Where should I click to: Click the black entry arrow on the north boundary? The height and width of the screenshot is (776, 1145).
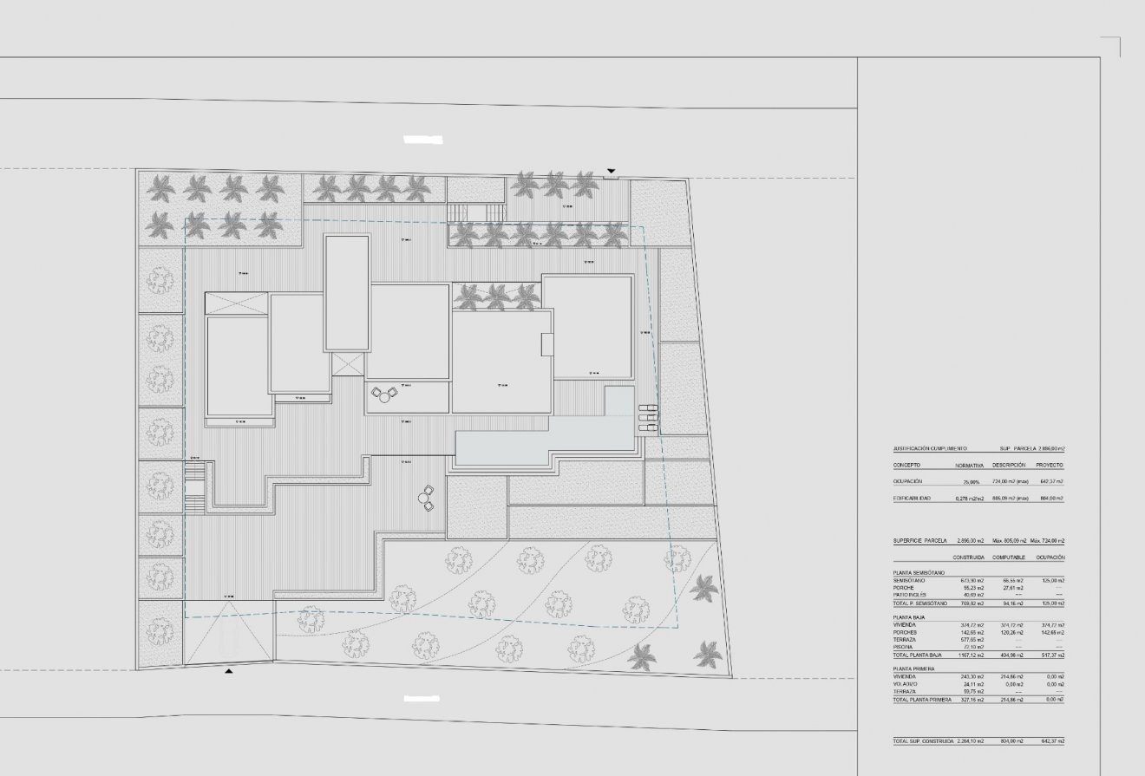[612, 171]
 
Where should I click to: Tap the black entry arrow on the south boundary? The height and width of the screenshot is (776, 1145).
[229, 670]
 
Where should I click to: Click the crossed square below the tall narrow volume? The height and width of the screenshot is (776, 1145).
[349, 363]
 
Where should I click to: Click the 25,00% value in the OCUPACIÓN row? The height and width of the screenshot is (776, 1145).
[970, 481]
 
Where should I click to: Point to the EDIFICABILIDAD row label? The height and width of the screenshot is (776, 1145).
[913, 499]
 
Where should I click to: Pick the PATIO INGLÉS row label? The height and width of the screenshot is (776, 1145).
[909, 595]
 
